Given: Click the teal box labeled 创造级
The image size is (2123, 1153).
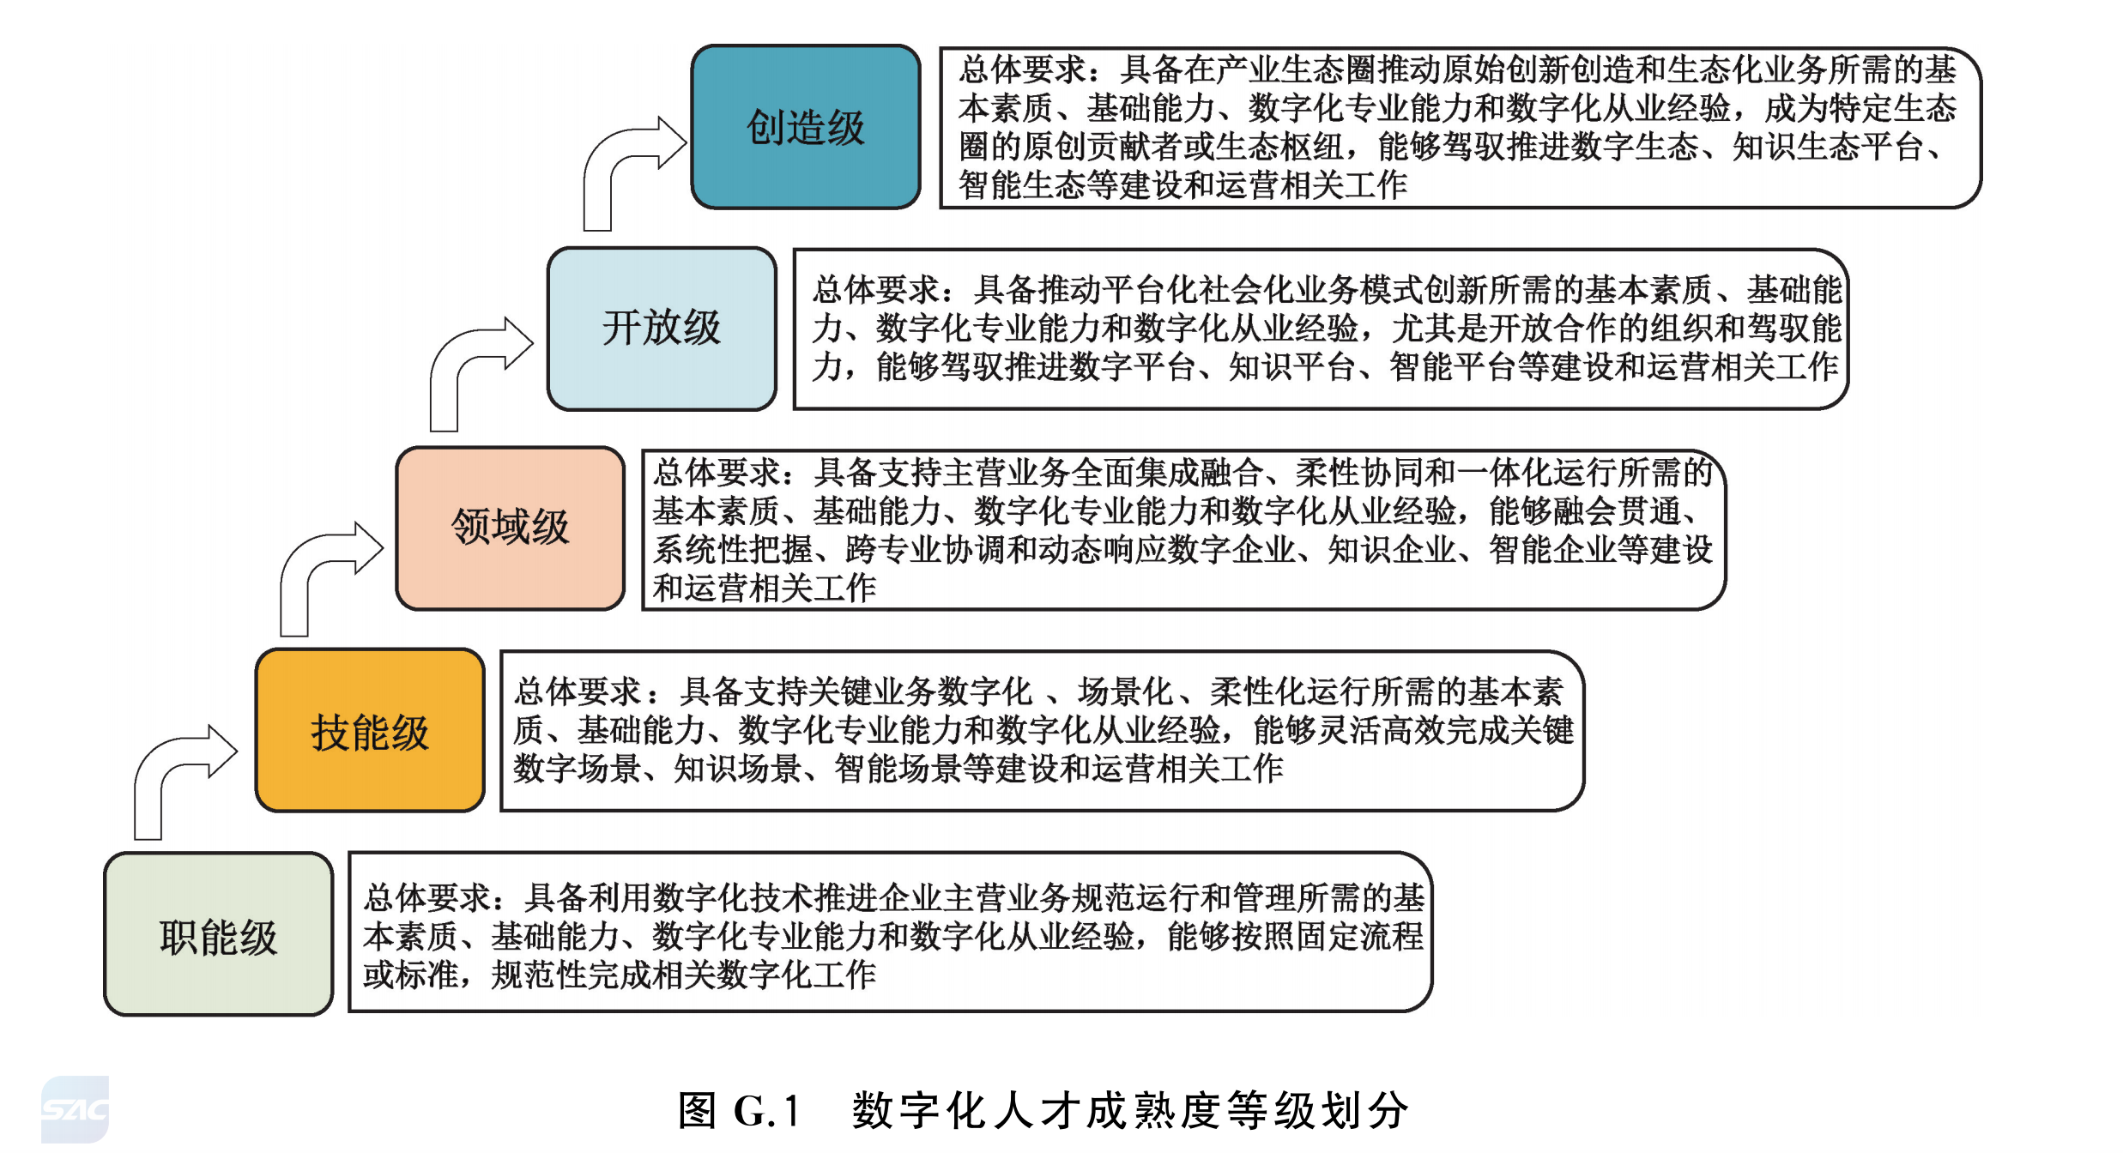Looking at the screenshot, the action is (x=806, y=127).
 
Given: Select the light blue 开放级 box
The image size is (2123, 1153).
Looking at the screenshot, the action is (x=662, y=329).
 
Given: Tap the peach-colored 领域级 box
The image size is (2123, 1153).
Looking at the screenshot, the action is (x=511, y=528).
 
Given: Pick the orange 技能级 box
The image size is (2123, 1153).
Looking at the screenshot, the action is (x=370, y=730).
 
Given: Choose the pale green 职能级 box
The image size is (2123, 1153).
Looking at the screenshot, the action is (x=219, y=934).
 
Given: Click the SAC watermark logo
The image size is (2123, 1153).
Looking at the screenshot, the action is (x=76, y=1109).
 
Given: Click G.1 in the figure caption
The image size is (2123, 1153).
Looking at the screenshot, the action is (x=767, y=1111).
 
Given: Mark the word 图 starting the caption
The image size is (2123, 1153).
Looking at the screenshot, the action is (x=697, y=1111).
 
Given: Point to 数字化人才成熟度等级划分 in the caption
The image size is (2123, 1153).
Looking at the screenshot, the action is (x=1131, y=1111).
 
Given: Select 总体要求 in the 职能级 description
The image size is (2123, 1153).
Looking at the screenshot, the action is (x=426, y=898).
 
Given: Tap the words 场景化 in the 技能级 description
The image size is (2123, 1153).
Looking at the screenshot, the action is (x=1125, y=691).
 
